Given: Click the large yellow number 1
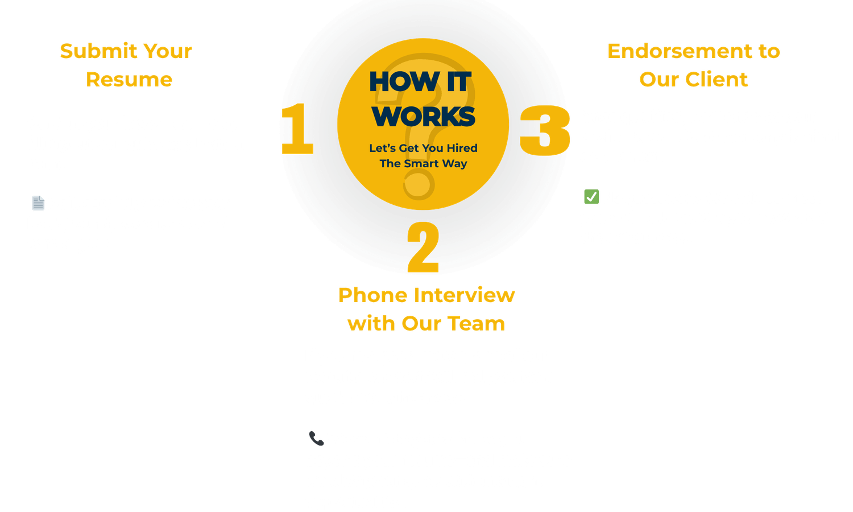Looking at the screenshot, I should (297, 129).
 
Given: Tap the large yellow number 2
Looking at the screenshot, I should (424, 247).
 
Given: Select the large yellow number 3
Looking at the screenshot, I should (545, 131).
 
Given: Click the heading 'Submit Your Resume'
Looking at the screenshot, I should (127, 65).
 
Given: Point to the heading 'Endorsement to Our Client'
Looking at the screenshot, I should (693, 65).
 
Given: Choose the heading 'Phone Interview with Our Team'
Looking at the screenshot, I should (426, 309).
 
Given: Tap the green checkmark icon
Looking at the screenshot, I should (591, 197).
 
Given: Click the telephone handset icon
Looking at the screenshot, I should (316, 438).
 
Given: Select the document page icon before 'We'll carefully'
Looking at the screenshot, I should (38, 203).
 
